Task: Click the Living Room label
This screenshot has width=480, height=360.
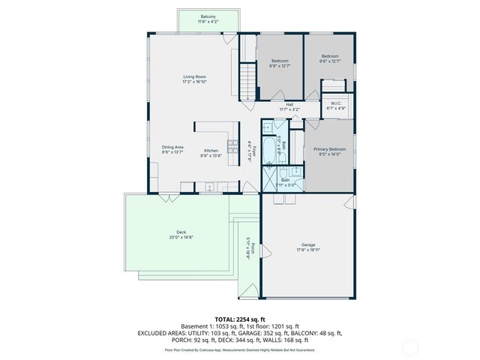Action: coord(194,76)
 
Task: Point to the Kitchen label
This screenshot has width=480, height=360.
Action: coord(211,151)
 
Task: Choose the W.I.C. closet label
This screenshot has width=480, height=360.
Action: coord(336,103)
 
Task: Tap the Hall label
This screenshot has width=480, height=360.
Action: coord(289,105)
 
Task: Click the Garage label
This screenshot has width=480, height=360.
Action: coord(308,244)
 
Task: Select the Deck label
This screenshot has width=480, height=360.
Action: coord(181,232)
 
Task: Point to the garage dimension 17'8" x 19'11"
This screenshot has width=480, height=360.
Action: coord(308,250)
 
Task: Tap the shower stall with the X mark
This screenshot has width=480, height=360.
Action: coord(269,179)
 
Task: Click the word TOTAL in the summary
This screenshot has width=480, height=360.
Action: coord(226,319)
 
